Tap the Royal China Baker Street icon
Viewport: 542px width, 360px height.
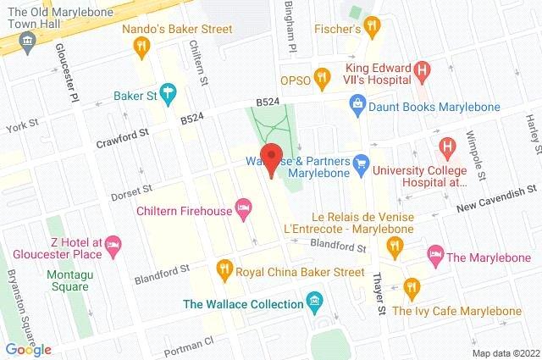click(224, 271)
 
